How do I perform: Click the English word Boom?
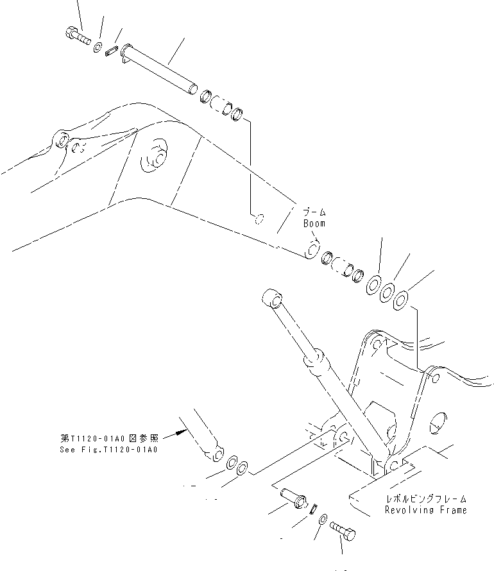(314, 224)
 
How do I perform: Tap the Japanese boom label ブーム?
(315, 212)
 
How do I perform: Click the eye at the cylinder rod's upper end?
(271, 300)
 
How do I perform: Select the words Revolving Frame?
(425, 509)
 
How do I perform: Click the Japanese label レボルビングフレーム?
(425, 499)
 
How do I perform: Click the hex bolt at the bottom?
(343, 531)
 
